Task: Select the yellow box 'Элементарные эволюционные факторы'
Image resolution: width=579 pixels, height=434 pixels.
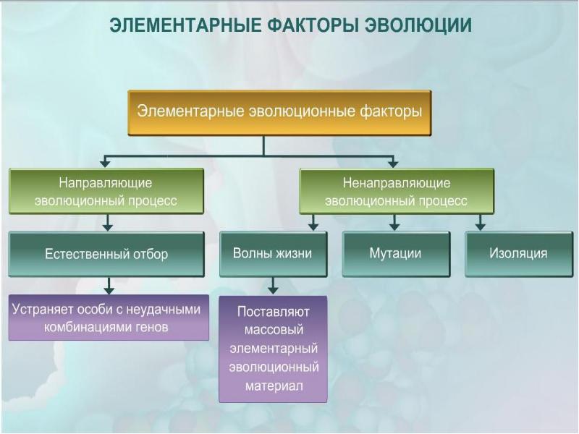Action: [x=279, y=112]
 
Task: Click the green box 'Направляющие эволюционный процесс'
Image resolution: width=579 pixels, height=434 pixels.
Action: [x=106, y=191]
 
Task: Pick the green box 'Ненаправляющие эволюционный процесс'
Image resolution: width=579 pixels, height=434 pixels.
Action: [x=396, y=191]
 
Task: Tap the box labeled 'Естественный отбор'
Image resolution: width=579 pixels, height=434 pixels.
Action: [x=106, y=254]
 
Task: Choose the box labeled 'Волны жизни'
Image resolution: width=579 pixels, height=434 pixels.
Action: [x=272, y=254]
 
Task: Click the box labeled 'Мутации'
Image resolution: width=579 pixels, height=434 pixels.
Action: [x=395, y=254]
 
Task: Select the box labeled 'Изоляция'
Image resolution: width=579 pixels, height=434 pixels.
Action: [x=517, y=254]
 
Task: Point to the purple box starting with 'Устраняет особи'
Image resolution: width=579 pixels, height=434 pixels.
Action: [x=109, y=318]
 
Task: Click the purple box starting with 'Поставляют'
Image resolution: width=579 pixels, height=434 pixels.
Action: [x=273, y=349]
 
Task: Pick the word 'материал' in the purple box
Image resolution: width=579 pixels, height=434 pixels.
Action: [x=274, y=386]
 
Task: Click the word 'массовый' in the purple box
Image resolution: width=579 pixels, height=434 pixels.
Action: [x=273, y=330]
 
